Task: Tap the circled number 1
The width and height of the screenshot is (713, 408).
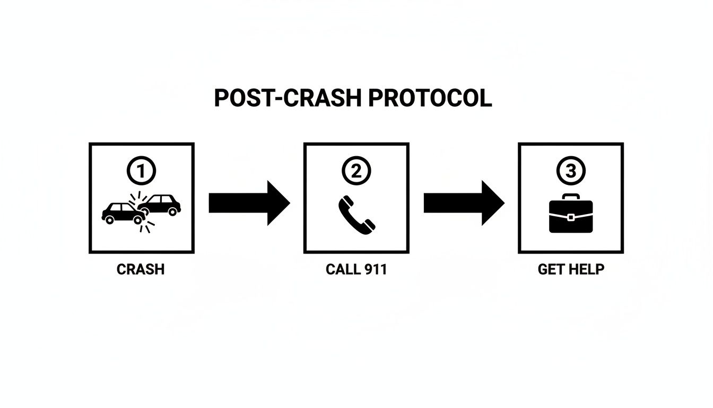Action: click(x=141, y=171)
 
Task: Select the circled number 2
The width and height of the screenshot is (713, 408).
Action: click(x=356, y=171)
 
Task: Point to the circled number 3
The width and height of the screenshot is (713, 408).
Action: click(x=570, y=171)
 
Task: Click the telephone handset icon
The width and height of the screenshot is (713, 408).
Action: click(x=356, y=214)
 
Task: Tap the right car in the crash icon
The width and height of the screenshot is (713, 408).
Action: click(x=161, y=204)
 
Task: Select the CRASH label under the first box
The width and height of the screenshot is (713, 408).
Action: click(x=141, y=269)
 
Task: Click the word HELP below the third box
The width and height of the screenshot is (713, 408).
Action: click(x=587, y=269)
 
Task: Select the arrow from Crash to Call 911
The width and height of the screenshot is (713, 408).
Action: click(x=249, y=203)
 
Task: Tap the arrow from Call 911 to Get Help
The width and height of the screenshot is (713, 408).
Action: click(x=464, y=203)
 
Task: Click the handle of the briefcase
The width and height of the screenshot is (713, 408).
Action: click(x=570, y=198)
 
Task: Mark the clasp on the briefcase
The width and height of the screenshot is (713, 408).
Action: click(x=570, y=217)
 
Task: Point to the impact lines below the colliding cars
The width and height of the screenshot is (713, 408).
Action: click(x=147, y=227)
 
